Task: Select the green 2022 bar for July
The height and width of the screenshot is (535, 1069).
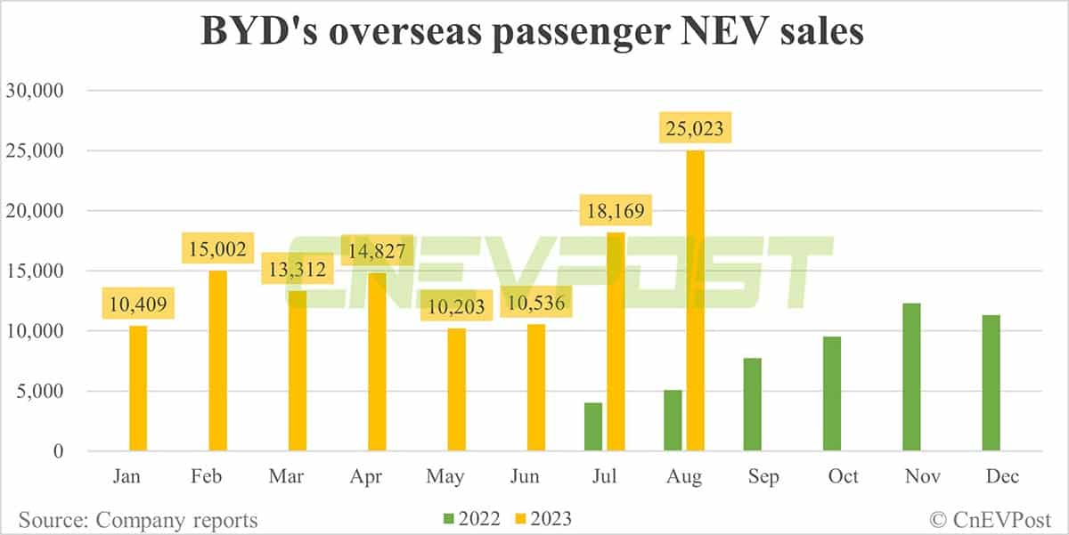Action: pyautogui.click(x=593, y=427)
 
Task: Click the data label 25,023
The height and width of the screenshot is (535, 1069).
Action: pyautogui.click(x=695, y=130)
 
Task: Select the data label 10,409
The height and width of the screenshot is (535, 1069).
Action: pyautogui.click(x=139, y=305)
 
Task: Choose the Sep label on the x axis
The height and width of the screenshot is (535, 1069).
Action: pyautogui.click(x=763, y=476)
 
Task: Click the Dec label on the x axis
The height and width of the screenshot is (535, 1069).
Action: pyautogui.click(x=1001, y=476)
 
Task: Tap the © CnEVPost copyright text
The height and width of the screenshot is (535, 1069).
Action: pyautogui.click(x=990, y=519)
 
